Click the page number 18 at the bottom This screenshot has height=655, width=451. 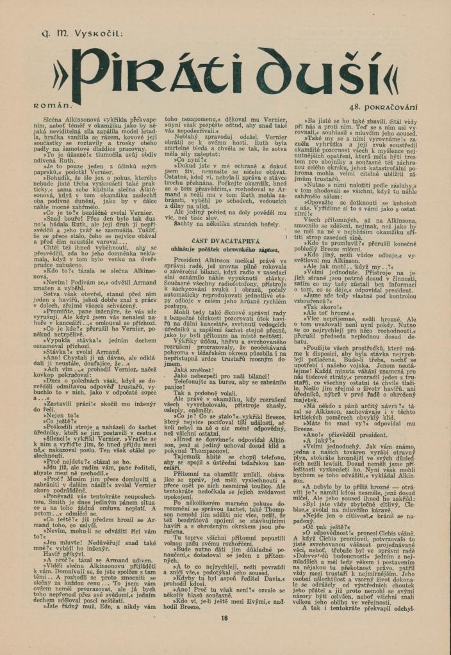(x=224, y=618)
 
